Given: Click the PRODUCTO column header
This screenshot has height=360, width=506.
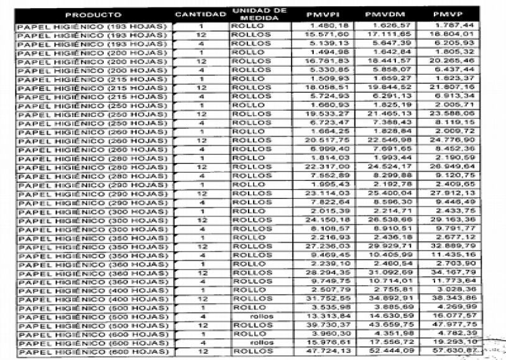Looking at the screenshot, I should (93, 14).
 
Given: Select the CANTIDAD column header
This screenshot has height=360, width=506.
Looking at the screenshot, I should (200, 14).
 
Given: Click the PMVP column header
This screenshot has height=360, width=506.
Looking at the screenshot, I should (446, 14).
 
